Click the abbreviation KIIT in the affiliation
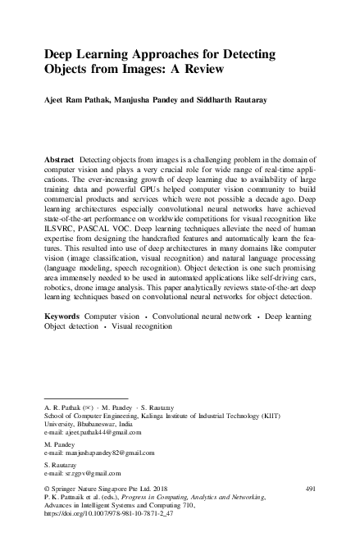click(x=297, y=416)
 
